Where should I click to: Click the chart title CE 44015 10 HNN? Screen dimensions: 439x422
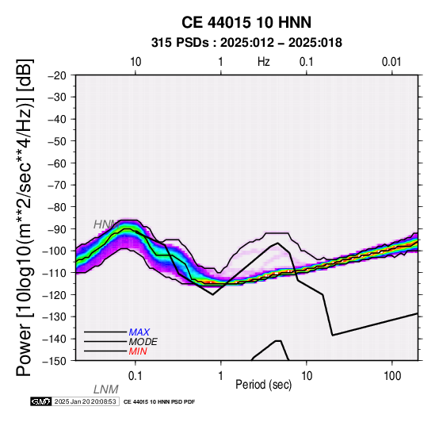pyautogui.click(x=246, y=22)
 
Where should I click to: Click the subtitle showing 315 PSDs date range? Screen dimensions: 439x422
pyautogui.click(x=246, y=43)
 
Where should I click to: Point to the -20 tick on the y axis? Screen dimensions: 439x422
pyautogui.click(x=57, y=75)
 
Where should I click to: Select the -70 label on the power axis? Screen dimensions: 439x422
pyautogui.click(x=57, y=186)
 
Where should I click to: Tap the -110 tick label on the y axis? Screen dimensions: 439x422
pyautogui.click(x=55, y=273)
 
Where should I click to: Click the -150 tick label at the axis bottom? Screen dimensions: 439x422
pyautogui.click(x=55, y=361)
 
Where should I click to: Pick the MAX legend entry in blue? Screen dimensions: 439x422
pyautogui.click(x=139, y=332)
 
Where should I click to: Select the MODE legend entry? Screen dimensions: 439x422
pyautogui.click(x=143, y=342)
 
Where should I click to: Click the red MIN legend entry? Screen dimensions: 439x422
pyautogui.click(x=138, y=351)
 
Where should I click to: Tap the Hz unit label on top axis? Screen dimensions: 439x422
pyautogui.click(x=264, y=62)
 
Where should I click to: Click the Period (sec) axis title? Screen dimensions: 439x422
pyautogui.click(x=264, y=385)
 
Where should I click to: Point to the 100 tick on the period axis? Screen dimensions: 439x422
pyautogui.click(x=392, y=376)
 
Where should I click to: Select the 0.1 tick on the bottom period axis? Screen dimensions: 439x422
pyautogui.click(x=136, y=376)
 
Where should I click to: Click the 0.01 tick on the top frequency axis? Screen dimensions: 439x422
pyautogui.click(x=391, y=62)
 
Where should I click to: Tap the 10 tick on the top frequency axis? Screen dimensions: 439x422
pyautogui.click(x=136, y=62)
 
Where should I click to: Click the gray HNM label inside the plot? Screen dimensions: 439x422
pyautogui.click(x=106, y=224)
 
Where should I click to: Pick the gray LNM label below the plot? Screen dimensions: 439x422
pyautogui.click(x=106, y=389)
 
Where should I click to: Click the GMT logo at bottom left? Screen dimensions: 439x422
pyautogui.click(x=41, y=401)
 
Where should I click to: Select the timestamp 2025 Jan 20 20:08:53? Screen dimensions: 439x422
pyautogui.click(x=85, y=401)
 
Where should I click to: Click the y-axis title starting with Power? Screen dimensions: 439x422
pyautogui.click(x=25, y=217)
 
